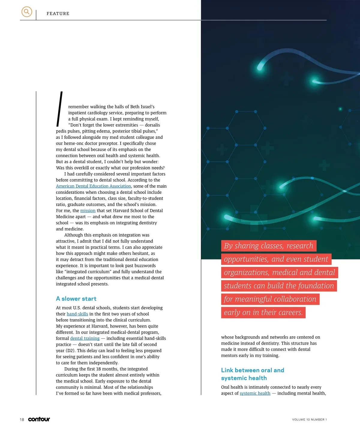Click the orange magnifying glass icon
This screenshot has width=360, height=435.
27,12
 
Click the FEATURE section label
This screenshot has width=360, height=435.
58,13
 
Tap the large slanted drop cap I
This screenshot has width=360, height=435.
60,109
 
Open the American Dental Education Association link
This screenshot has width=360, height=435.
93,186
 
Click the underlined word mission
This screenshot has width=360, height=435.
88,211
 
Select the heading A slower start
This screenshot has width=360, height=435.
76,299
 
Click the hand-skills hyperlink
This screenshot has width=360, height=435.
77,314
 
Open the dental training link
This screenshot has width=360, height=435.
85,338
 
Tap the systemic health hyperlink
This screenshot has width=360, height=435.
255,393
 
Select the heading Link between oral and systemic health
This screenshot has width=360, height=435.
252,374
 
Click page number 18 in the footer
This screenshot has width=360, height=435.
22,420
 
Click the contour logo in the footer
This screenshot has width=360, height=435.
39,419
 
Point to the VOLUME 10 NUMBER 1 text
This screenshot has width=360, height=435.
309,420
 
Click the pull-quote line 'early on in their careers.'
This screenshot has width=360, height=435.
263,313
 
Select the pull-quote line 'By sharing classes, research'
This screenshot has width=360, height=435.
268,246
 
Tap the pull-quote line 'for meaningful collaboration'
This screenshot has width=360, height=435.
270,299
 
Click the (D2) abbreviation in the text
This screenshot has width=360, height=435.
70,351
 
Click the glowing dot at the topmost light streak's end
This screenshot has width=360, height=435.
260,68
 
